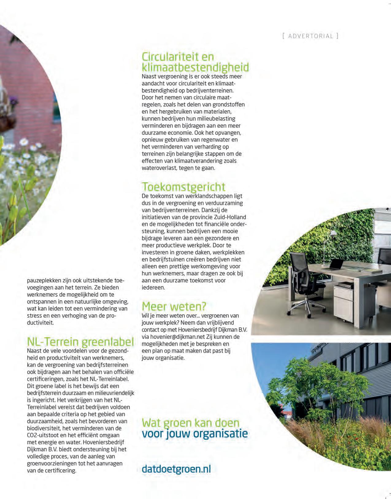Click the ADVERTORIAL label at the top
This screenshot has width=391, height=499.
tap(310, 36)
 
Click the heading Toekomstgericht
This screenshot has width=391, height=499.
tap(183, 187)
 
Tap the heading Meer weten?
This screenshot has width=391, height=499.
tap(174, 306)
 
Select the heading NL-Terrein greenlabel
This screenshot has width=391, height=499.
tap(80, 341)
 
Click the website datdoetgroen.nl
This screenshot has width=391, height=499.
tap(176, 469)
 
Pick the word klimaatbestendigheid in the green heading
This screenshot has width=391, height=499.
tap(195, 67)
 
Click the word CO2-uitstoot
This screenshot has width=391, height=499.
tap(43, 435)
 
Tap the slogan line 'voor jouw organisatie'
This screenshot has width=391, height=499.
tap(195, 434)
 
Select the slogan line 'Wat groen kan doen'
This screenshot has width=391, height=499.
tap(190, 423)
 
